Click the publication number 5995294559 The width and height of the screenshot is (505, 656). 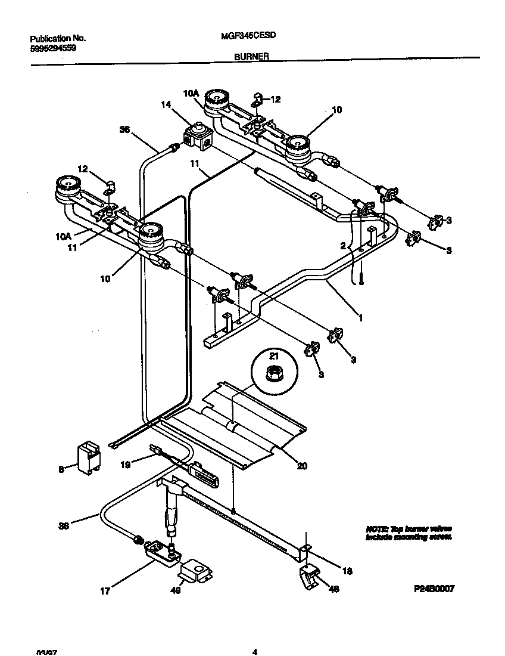point(52,48)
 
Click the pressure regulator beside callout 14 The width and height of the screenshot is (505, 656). point(197,135)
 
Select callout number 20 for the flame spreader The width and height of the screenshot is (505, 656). point(302,466)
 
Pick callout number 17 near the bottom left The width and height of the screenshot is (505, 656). point(105,591)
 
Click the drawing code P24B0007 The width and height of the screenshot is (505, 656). point(434,588)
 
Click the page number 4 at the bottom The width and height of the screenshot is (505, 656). point(254,651)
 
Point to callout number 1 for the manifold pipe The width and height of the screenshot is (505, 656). point(360,318)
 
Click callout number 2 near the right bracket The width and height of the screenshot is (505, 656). point(342,245)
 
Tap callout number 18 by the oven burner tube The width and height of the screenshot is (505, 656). point(348,571)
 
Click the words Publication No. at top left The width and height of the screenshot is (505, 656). point(58,38)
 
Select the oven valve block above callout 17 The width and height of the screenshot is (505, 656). point(161,552)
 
